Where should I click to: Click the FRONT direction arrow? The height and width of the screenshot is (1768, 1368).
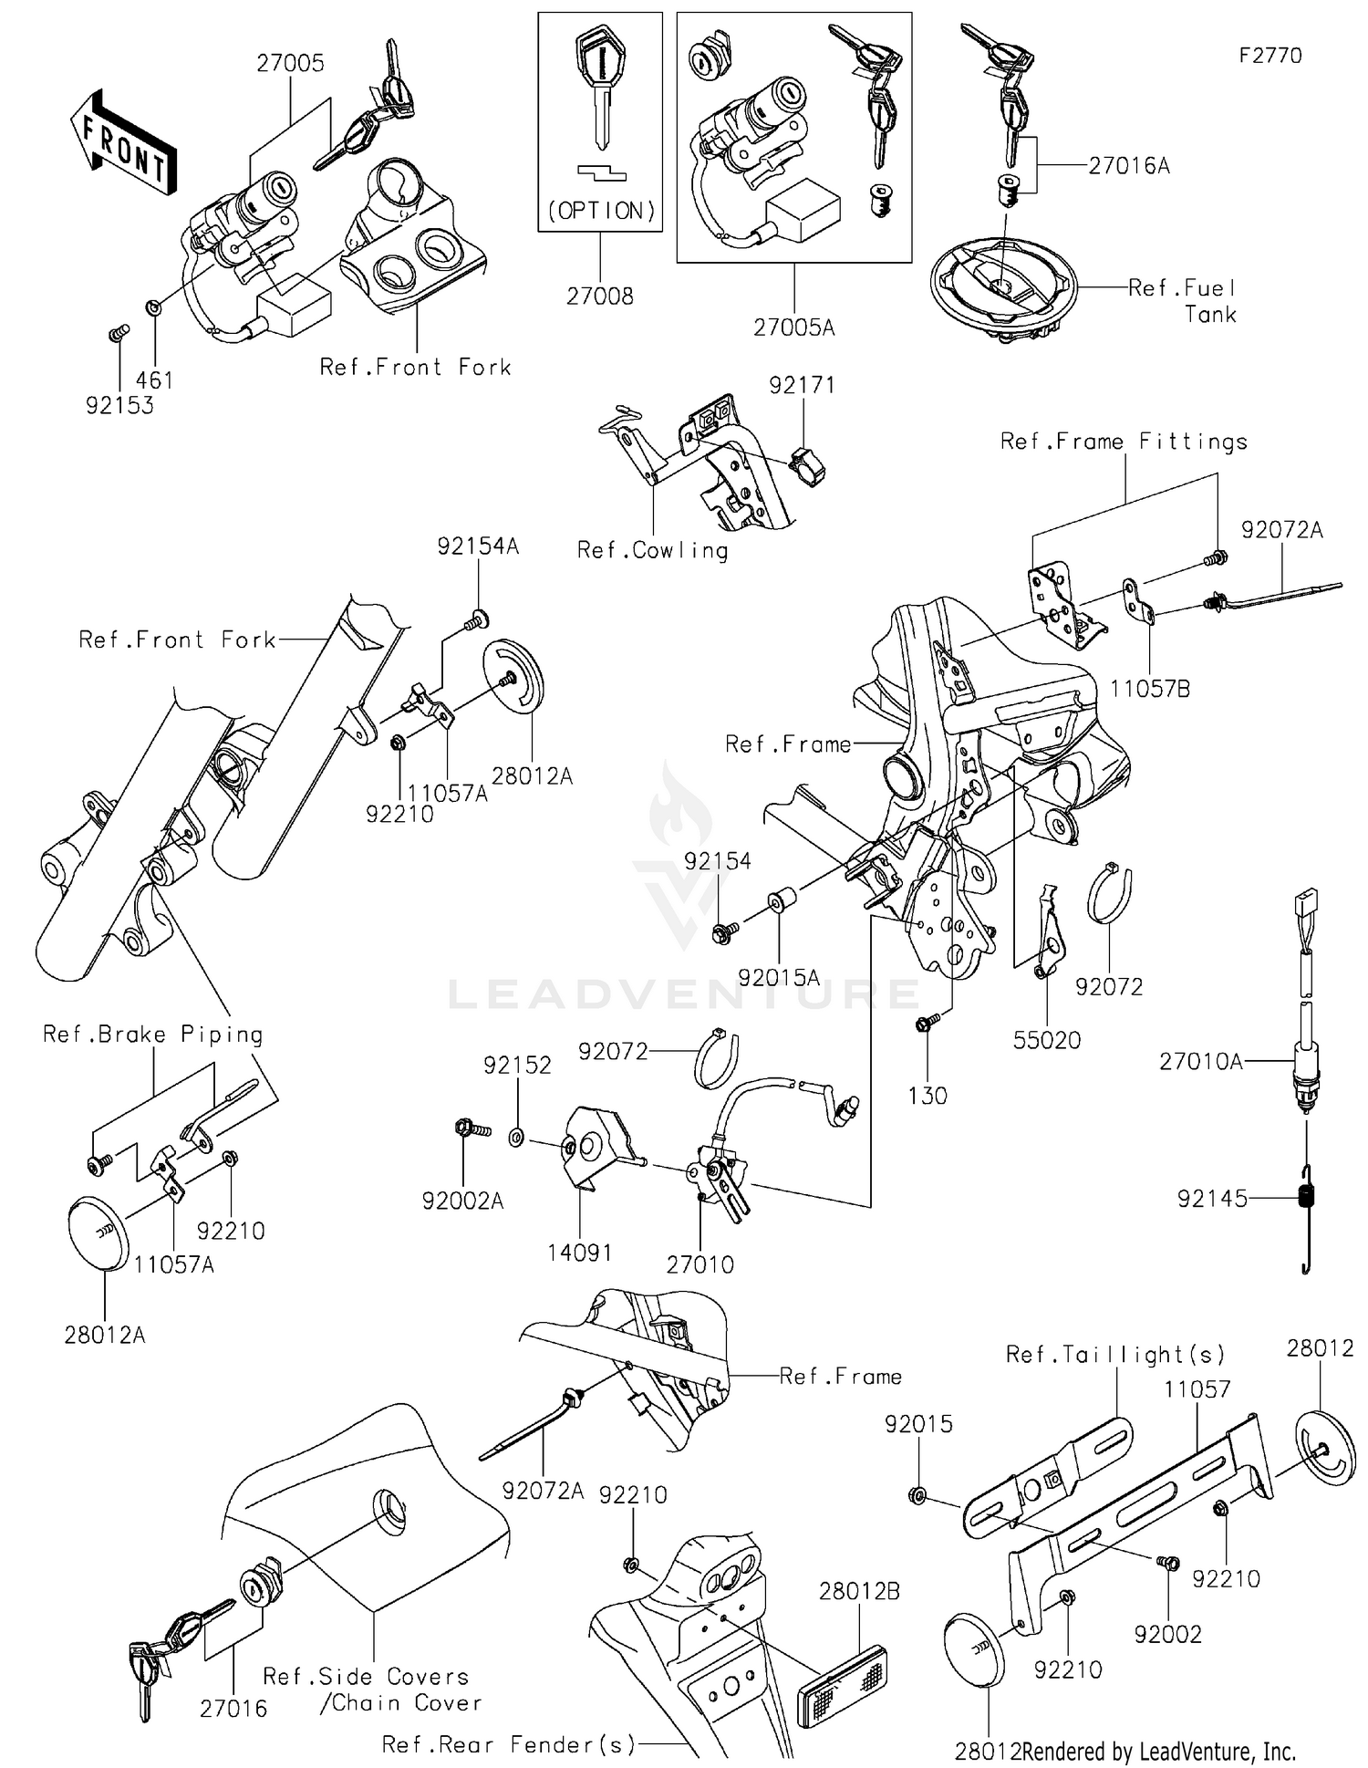point(123,143)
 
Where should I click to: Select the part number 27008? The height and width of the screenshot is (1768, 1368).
point(599,296)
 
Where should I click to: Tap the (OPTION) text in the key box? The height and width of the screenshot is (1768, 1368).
point(601,211)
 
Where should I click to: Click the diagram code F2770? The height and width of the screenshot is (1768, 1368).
point(1270,56)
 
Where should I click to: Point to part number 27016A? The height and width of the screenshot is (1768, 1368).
point(1129,166)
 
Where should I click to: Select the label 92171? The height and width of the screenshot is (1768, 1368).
point(801,385)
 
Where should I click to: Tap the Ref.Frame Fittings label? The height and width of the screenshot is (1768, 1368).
point(1124,442)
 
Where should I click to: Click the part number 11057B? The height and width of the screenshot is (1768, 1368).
point(1149,690)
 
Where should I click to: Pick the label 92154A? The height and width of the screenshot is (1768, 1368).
point(477,546)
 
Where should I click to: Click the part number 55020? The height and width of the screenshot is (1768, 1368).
point(1046,1040)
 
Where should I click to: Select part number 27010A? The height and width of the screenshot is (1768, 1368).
point(1200,1061)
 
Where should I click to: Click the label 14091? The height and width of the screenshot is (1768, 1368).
point(579,1253)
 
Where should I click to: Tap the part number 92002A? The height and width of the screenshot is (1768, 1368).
point(462,1201)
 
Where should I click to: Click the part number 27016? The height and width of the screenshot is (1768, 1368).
point(233,1709)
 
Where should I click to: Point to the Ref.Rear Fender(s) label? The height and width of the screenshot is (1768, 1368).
point(508,1745)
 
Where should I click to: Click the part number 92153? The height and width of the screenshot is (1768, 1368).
point(119,405)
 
